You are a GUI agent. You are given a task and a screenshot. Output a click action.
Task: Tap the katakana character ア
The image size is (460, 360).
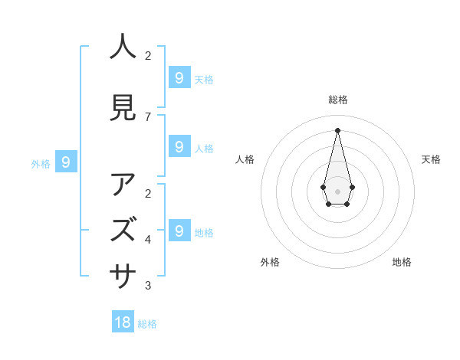pos(123,185)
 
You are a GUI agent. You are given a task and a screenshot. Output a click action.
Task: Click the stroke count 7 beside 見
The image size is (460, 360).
pos(148,117)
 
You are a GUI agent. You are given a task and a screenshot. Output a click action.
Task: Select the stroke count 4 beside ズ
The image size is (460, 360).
pos(148,240)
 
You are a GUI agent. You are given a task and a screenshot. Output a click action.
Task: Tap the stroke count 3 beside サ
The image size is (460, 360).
pos(148,286)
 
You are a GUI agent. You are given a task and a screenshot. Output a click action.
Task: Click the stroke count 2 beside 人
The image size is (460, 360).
pos(148,56)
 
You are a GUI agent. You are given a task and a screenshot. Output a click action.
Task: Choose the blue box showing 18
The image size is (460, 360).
pos(123,322)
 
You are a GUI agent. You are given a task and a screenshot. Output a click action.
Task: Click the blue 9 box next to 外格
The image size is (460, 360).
pos(66,162)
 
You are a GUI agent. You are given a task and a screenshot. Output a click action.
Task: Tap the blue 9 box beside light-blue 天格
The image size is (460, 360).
pos(179,78)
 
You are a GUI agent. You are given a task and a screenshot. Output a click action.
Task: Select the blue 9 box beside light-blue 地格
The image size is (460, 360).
pos(179,231)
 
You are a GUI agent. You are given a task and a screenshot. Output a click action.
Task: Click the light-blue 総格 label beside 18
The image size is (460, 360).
pos(147,324)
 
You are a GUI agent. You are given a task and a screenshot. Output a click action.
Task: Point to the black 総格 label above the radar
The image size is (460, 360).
pos(337,100)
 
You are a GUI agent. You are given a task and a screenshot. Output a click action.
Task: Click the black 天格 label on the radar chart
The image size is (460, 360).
pos(431,159)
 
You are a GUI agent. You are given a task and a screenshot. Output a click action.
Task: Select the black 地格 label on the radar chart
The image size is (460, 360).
pos(402,262)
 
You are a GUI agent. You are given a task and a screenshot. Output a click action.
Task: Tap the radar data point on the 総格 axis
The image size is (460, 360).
pos(337,129)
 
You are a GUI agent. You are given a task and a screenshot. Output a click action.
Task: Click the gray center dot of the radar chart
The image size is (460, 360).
pos(337,191)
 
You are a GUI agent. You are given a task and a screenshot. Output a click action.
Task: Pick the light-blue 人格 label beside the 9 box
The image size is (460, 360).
pos(204,148)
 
